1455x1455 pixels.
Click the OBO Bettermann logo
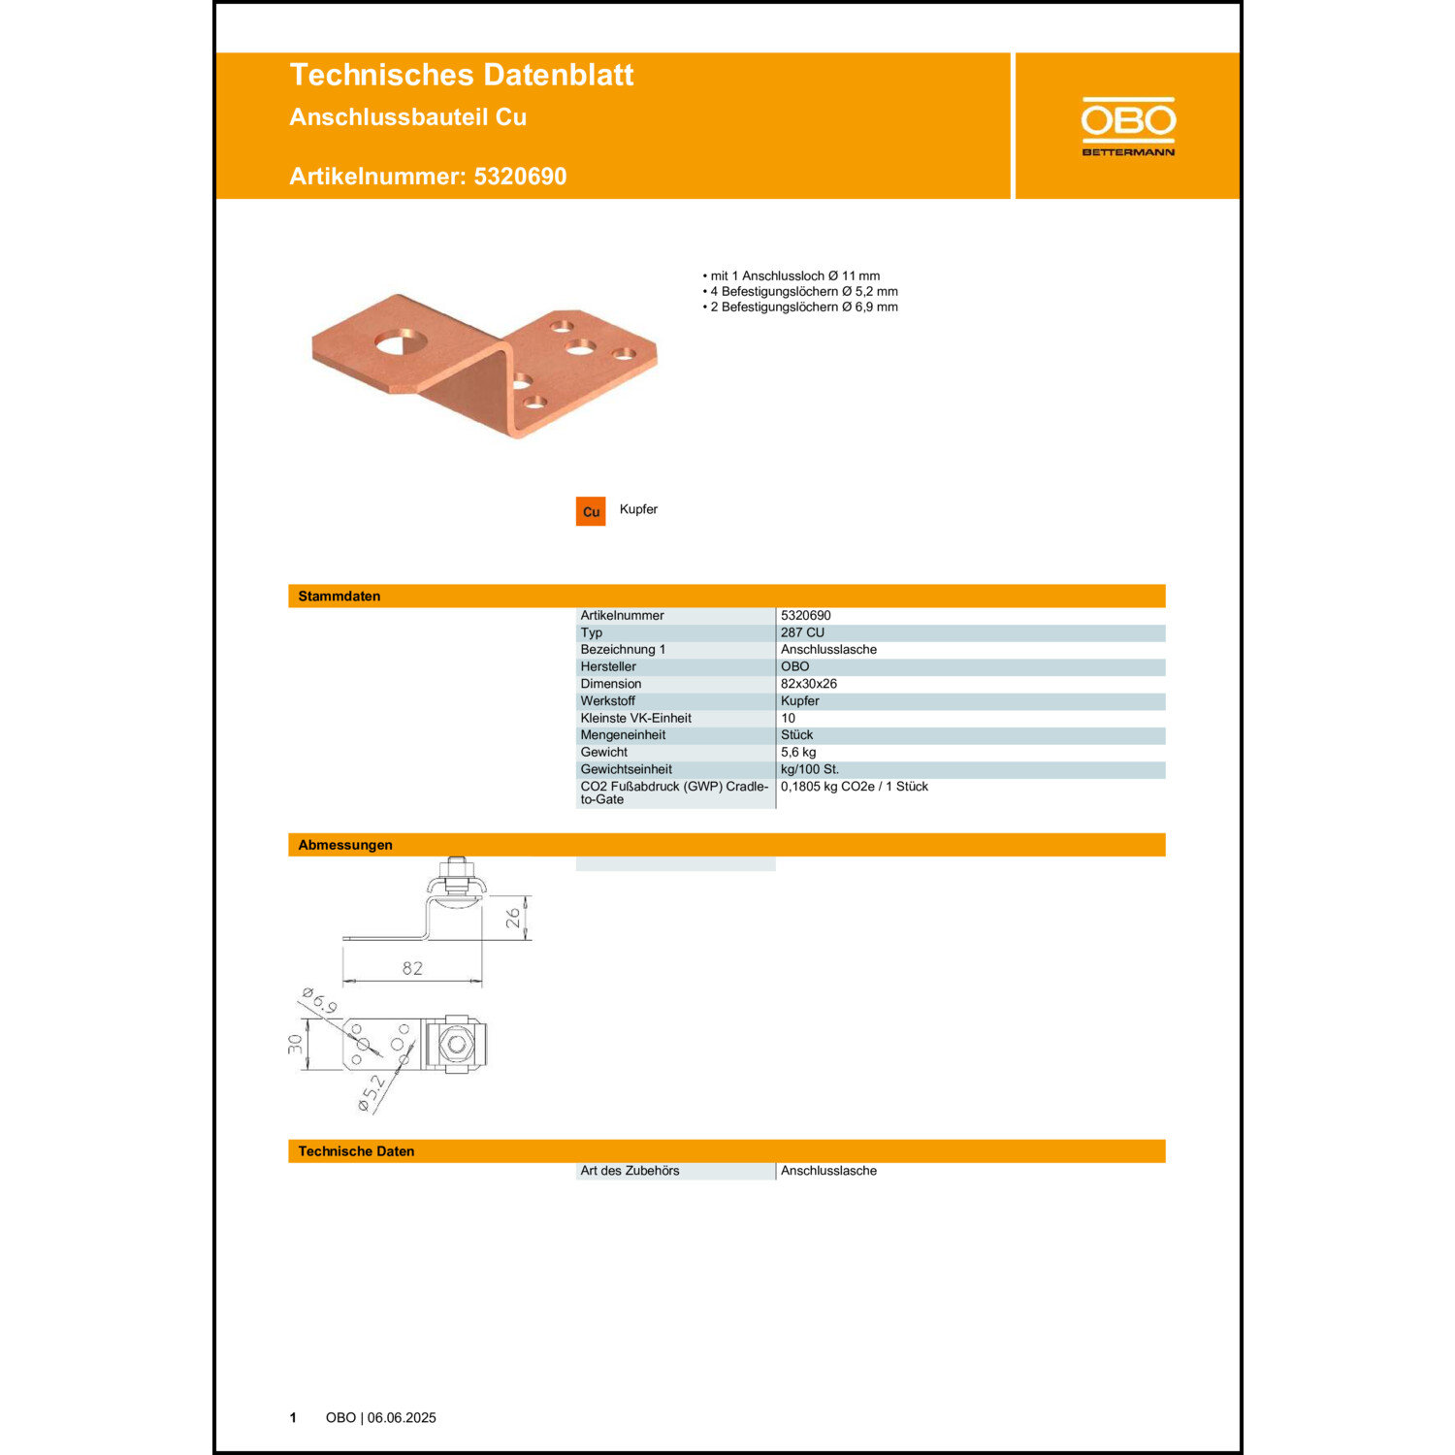pyautogui.click(x=1128, y=126)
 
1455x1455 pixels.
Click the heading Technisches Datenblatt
pyautogui.click(x=462, y=75)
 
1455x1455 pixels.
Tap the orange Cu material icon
pyautogui.click(x=591, y=511)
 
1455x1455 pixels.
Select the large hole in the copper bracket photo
pyautogui.click(x=400, y=341)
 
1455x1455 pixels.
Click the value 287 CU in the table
pyautogui.click(x=802, y=632)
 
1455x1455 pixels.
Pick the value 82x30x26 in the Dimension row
pyautogui.click(x=809, y=684)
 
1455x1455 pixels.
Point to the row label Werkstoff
pyautogui.click(x=608, y=701)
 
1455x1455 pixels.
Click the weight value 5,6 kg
pyautogui.click(x=798, y=753)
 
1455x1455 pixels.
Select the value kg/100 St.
pyautogui.click(x=810, y=769)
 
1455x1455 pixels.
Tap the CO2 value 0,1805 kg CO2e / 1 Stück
pyautogui.click(x=855, y=787)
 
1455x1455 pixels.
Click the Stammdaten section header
pyautogui.click(x=339, y=597)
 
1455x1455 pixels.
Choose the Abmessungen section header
pyautogui.click(x=345, y=845)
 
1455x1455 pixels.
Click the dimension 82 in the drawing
pyautogui.click(x=412, y=968)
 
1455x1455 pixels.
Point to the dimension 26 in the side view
pyautogui.click(x=513, y=918)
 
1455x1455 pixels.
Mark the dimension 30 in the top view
pyautogui.click(x=296, y=1044)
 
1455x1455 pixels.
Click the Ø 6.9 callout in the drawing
pyautogui.click(x=320, y=1001)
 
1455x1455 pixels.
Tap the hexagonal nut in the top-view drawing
pyautogui.click(x=456, y=1044)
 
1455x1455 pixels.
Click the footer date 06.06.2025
pyautogui.click(x=402, y=1418)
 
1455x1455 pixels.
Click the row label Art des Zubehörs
pyautogui.click(x=630, y=1171)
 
